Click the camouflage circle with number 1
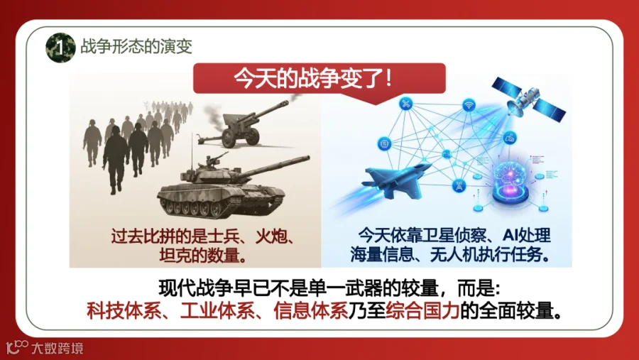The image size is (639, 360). click(60, 48)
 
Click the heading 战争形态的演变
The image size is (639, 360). click(136, 46)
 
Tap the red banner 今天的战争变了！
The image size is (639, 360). click(319, 79)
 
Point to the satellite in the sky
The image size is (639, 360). click(528, 99)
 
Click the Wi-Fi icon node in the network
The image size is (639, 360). click(469, 105)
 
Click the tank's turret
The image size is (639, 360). click(212, 173)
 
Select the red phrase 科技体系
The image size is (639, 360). click(124, 311)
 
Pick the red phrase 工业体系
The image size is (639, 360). click(217, 311)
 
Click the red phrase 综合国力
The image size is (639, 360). click(422, 311)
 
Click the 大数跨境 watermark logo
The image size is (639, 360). click(45, 347)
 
